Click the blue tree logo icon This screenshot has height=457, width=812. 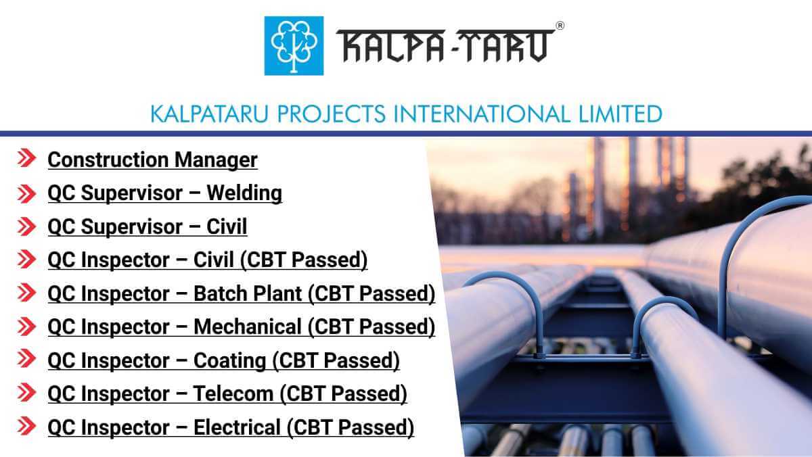(294, 45)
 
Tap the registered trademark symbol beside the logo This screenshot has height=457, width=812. (559, 26)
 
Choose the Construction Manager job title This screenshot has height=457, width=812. (152, 160)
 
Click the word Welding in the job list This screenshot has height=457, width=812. (244, 193)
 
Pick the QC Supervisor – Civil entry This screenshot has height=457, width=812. (147, 227)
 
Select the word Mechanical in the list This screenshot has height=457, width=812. (248, 327)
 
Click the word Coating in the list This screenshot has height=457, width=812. (230, 361)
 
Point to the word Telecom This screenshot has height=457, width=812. (234, 394)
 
